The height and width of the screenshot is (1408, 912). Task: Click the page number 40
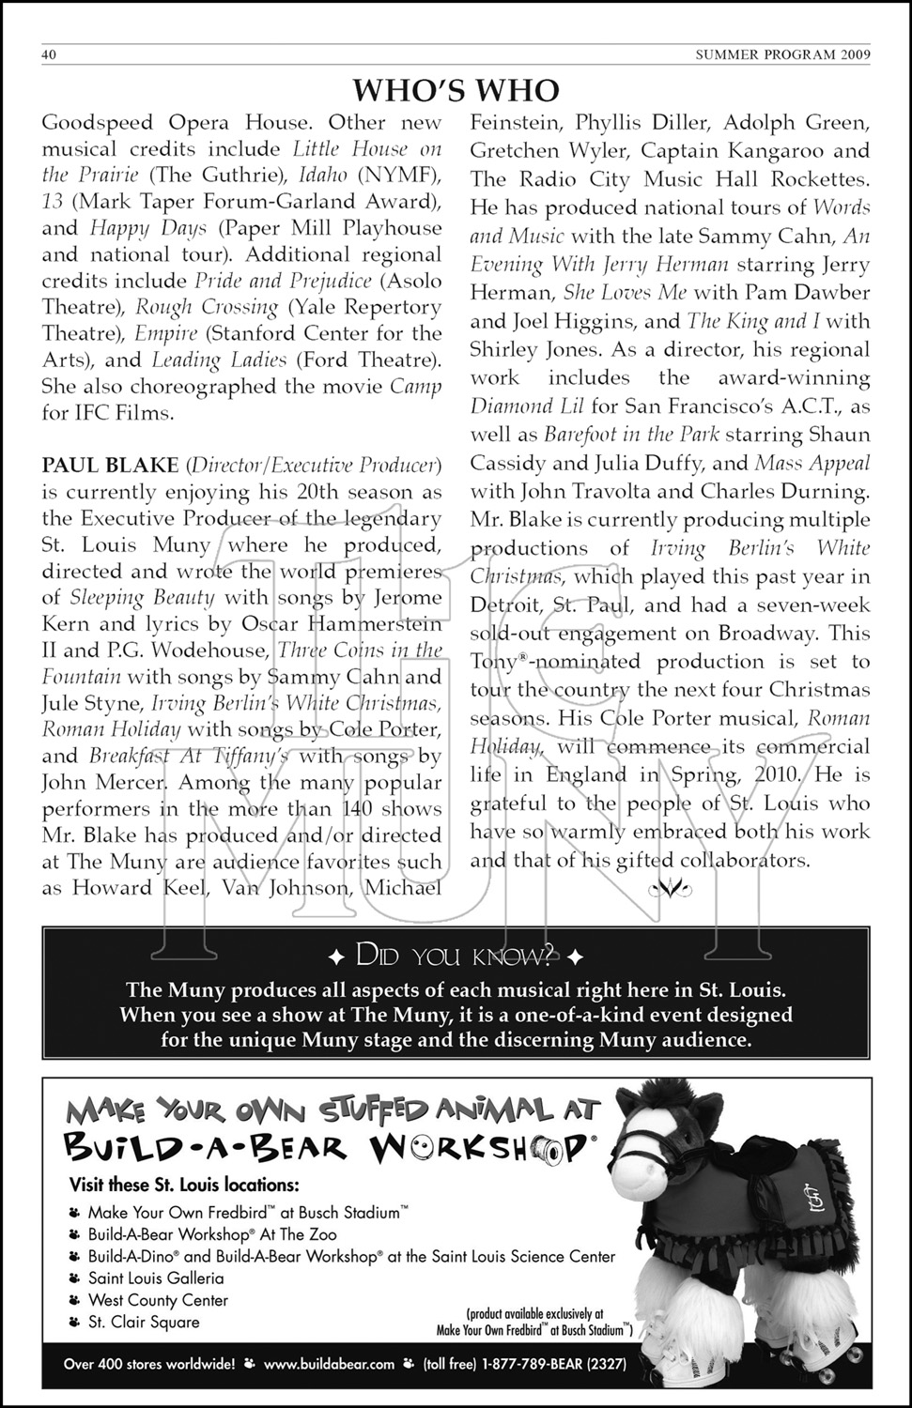50,54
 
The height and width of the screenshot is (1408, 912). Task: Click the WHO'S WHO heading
456,90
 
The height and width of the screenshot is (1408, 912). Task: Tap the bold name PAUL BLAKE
110,466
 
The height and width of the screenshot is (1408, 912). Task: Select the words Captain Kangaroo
720,150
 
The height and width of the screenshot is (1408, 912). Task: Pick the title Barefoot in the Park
618,435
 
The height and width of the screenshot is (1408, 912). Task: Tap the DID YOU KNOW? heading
456,957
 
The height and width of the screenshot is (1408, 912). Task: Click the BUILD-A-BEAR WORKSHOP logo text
324,1146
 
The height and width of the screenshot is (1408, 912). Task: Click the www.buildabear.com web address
329,1364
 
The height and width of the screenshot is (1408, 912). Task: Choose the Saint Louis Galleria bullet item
156,1278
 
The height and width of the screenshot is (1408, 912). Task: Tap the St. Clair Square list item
144,1322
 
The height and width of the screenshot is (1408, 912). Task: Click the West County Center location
158,1300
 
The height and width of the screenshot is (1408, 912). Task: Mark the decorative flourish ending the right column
671,887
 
